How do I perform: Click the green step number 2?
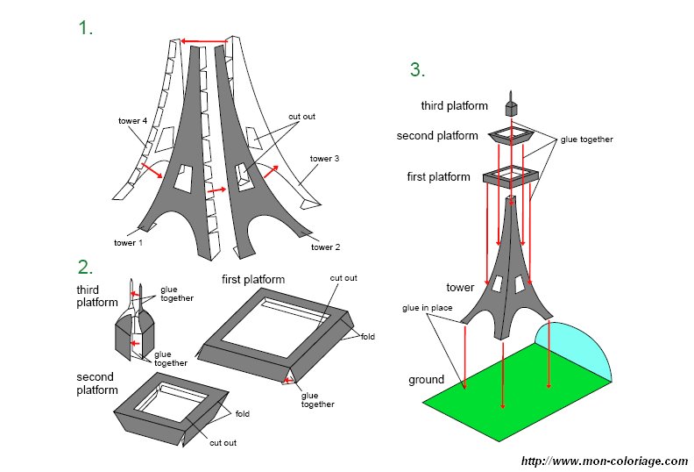[x=85, y=267]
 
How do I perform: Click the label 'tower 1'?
[x=129, y=243]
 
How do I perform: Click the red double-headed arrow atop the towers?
[x=203, y=40]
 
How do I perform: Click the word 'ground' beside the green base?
[x=426, y=380]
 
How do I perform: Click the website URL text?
[x=604, y=461]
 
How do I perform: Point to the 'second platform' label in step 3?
[x=437, y=136]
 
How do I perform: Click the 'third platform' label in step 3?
[x=454, y=106]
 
